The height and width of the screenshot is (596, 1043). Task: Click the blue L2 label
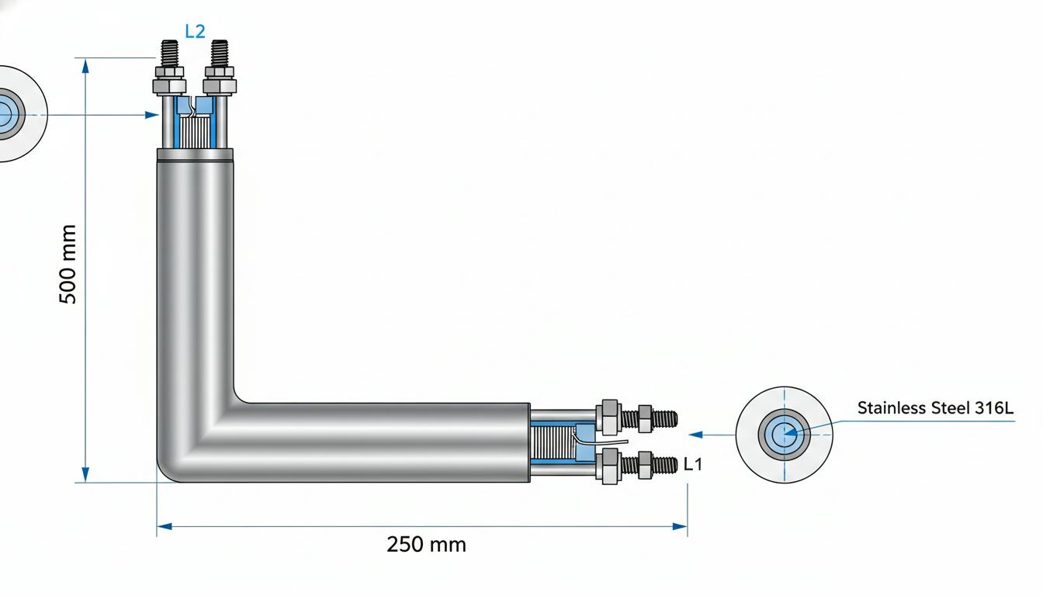[195, 31]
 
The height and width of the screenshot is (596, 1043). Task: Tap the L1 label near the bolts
[692, 464]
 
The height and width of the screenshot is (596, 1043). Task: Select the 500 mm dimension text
[68, 264]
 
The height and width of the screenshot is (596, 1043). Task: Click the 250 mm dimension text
[426, 544]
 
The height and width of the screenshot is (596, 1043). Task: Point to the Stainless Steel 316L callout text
[935, 408]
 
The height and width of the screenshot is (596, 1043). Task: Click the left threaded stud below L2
[169, 54]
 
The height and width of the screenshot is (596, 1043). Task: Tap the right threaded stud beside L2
[220, 53]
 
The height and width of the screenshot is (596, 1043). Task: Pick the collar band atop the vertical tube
[195, 154]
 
